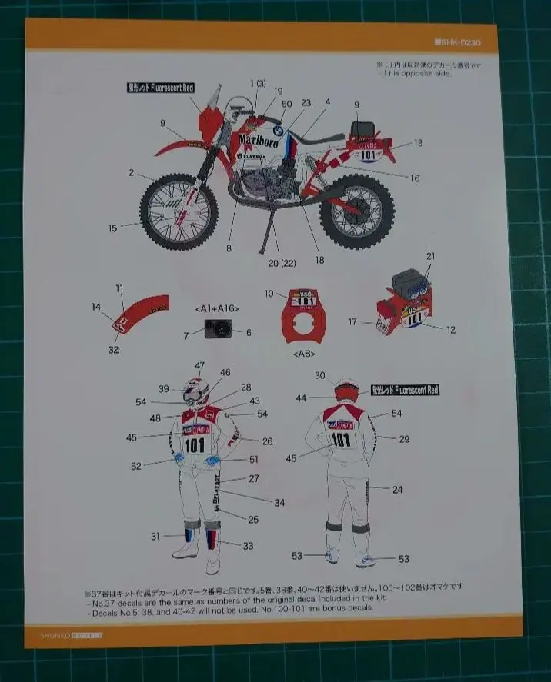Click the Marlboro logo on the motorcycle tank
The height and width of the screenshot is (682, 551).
click(x=259, y=141)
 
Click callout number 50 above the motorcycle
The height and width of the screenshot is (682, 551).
click(x=287, y=103)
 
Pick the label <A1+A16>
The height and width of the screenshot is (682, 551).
click(x=217, y=308)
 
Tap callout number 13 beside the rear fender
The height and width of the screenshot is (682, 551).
click(x=418, y=143)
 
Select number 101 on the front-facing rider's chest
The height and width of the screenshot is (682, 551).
click(x=194, y=444)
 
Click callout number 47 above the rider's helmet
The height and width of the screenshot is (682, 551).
click(x=200, y=365)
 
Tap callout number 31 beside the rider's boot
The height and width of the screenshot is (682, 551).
click(x=155, y=536)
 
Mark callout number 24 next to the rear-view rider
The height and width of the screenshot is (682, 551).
click(x=398, y=489)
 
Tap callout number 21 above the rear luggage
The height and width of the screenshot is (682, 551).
click(x=431, y=255)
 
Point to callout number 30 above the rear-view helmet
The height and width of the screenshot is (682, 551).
click(x=319, y=374)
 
